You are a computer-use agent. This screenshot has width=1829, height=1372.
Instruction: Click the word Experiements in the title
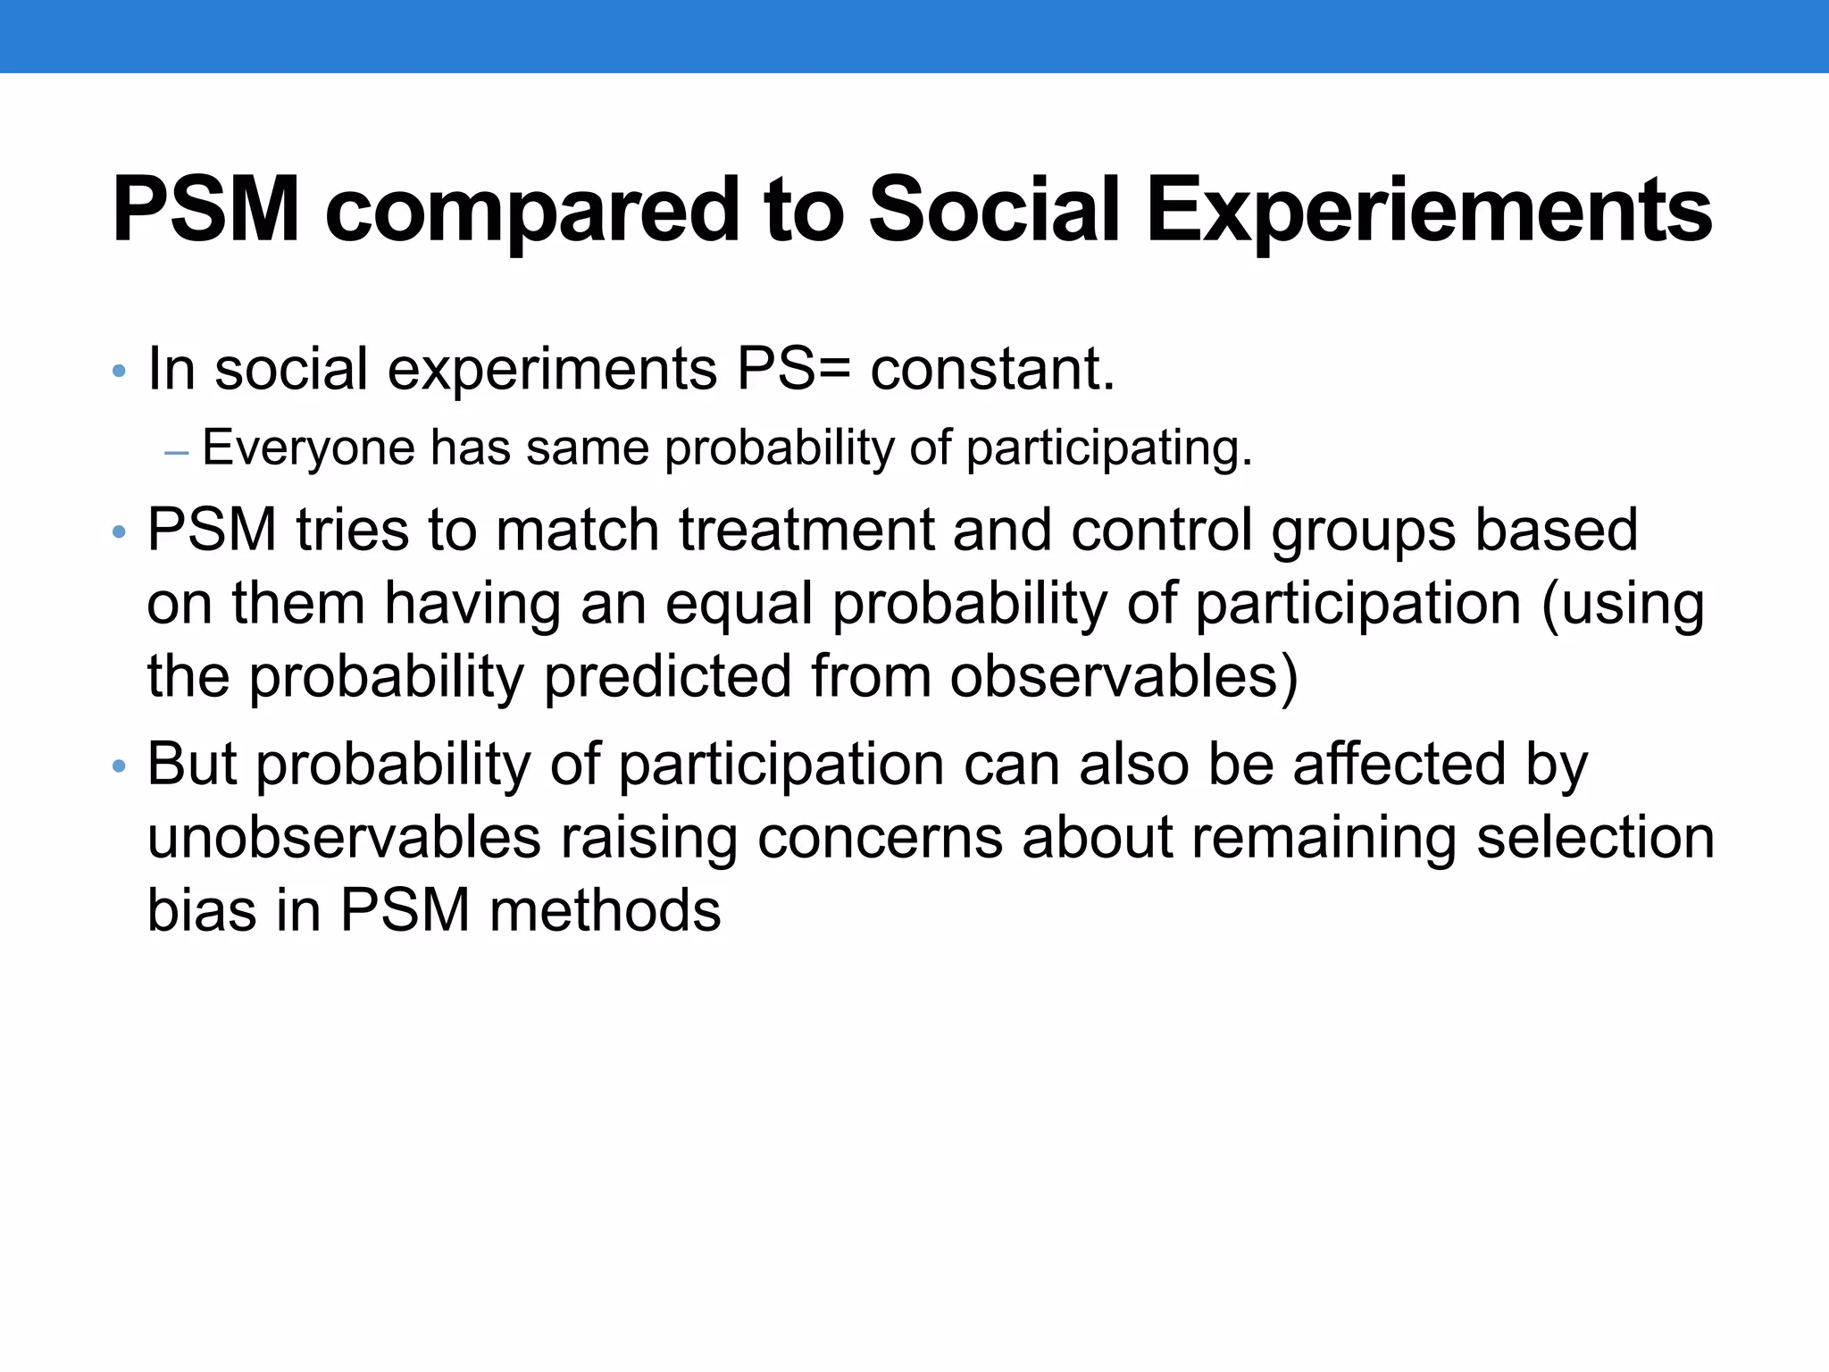tap(1429, 211)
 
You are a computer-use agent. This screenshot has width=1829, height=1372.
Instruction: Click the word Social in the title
tap(993, 211)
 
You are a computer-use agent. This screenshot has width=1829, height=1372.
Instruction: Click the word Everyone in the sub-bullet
tap(308, 448)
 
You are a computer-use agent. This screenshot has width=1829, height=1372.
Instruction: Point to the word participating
tap(1109, 448)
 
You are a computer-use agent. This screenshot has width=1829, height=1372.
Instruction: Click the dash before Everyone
tap(177, 453)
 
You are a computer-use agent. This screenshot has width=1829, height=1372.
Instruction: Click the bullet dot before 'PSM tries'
tap(119, 533)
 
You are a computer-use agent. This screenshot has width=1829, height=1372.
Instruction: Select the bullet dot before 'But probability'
tap(119, 767)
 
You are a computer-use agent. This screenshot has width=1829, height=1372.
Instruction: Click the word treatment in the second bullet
tap(806, 530)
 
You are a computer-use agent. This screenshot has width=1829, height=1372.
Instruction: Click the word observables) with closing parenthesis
tap(1123, 676)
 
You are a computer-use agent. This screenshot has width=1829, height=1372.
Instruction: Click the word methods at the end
tap(605, 910)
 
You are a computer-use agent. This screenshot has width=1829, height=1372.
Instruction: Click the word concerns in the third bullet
tap(880, 838)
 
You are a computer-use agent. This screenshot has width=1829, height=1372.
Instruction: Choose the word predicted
tap(667, 676)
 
